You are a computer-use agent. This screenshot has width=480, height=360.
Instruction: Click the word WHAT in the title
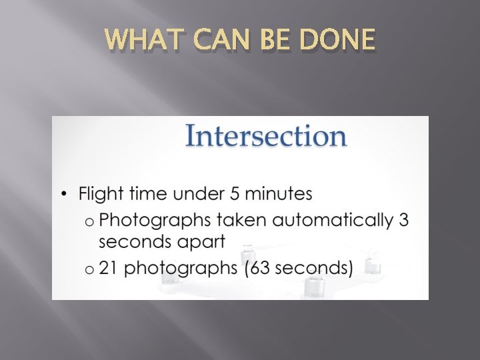coord(138,41)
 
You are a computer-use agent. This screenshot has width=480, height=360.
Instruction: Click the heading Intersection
coord(265,136)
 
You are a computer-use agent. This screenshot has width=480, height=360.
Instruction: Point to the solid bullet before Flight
coord(64,195)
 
